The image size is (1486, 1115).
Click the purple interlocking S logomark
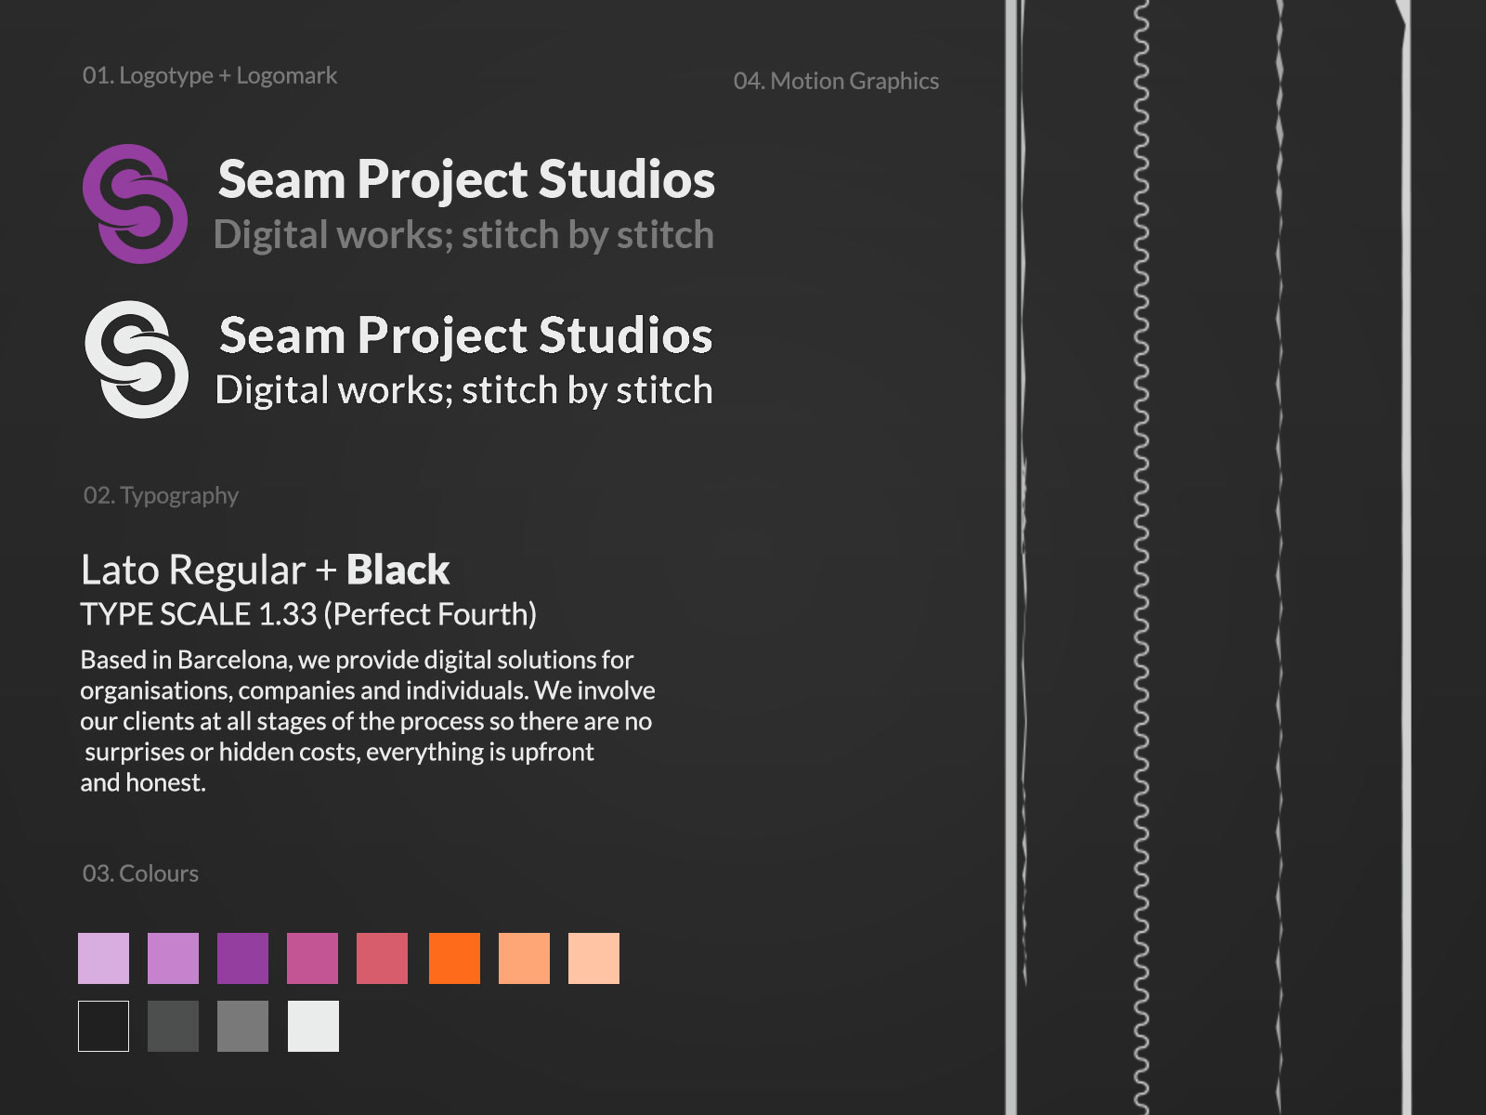point(135,203)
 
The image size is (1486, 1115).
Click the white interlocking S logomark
point(136,359)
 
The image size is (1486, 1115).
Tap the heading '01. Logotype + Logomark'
point(210,76)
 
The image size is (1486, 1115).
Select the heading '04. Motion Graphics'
point(836,82)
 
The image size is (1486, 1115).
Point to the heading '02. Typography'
point(161,495)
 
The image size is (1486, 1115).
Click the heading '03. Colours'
point(140,873)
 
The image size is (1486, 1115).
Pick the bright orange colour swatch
point(454,958)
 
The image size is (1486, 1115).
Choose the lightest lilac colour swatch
point(103,958)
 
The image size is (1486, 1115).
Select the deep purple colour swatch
point(242,958)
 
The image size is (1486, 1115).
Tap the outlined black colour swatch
point(103,1026)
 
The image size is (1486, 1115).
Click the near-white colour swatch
point(313,1026)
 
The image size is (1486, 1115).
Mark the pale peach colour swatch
point(593,958)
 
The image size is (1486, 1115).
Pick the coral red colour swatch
point(382,958)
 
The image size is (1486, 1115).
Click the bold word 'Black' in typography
point(398,570)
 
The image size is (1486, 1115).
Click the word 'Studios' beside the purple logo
point(627,179)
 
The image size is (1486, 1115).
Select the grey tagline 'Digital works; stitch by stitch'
point(463,235)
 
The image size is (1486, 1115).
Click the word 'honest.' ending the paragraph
point(166,783)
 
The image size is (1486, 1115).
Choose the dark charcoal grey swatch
point(173,1026)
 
